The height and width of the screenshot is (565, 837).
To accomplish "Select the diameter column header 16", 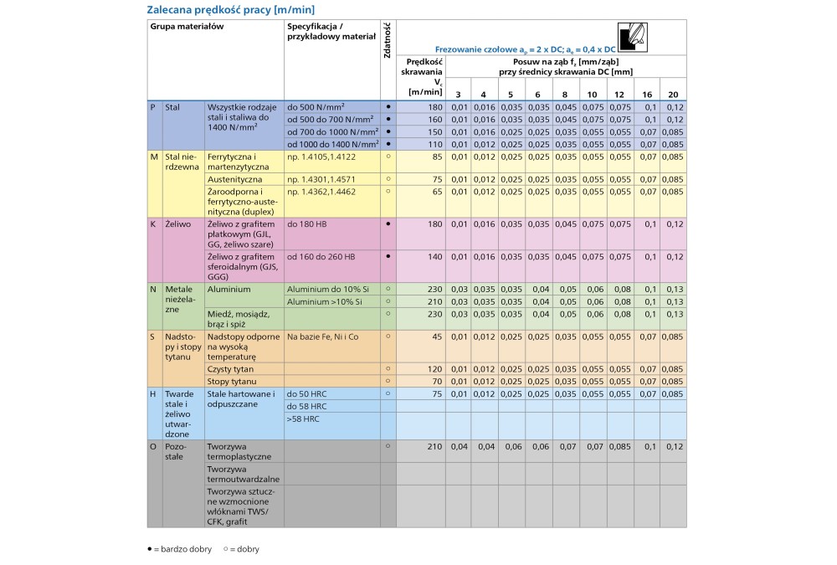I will [646, 95].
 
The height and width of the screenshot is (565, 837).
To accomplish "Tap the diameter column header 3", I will [458, 95].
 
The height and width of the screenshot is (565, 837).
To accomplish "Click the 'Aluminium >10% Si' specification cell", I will [325, 301].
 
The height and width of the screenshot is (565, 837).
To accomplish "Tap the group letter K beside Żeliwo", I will [153, 225].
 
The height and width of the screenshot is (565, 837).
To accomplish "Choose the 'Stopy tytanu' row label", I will [230, 381].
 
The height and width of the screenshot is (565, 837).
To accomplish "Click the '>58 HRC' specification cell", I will [303, 418].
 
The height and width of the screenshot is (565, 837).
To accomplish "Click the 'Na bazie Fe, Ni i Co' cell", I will [322, 336].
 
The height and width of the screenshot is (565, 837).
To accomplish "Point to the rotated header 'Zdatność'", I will [388, 40].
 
